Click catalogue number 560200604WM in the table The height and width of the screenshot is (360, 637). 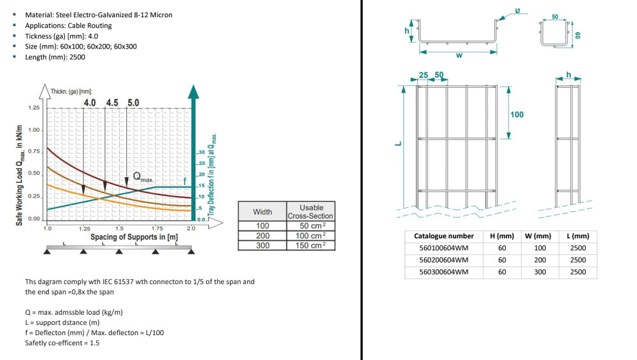(443, 260)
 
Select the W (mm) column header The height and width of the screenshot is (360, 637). (538, 236)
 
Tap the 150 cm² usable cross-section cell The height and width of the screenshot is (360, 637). (311, 245)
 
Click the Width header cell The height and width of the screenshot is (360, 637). (262, 212)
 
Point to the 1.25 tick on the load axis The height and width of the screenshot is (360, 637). (34, 108)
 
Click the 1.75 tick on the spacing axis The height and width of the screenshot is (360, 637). (157, 228)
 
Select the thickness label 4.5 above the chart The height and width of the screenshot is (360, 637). (112, 103)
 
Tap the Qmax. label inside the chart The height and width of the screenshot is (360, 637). (143, 177)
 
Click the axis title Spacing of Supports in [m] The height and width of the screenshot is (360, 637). (134, 237)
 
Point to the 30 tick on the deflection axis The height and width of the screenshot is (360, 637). (202, 152)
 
